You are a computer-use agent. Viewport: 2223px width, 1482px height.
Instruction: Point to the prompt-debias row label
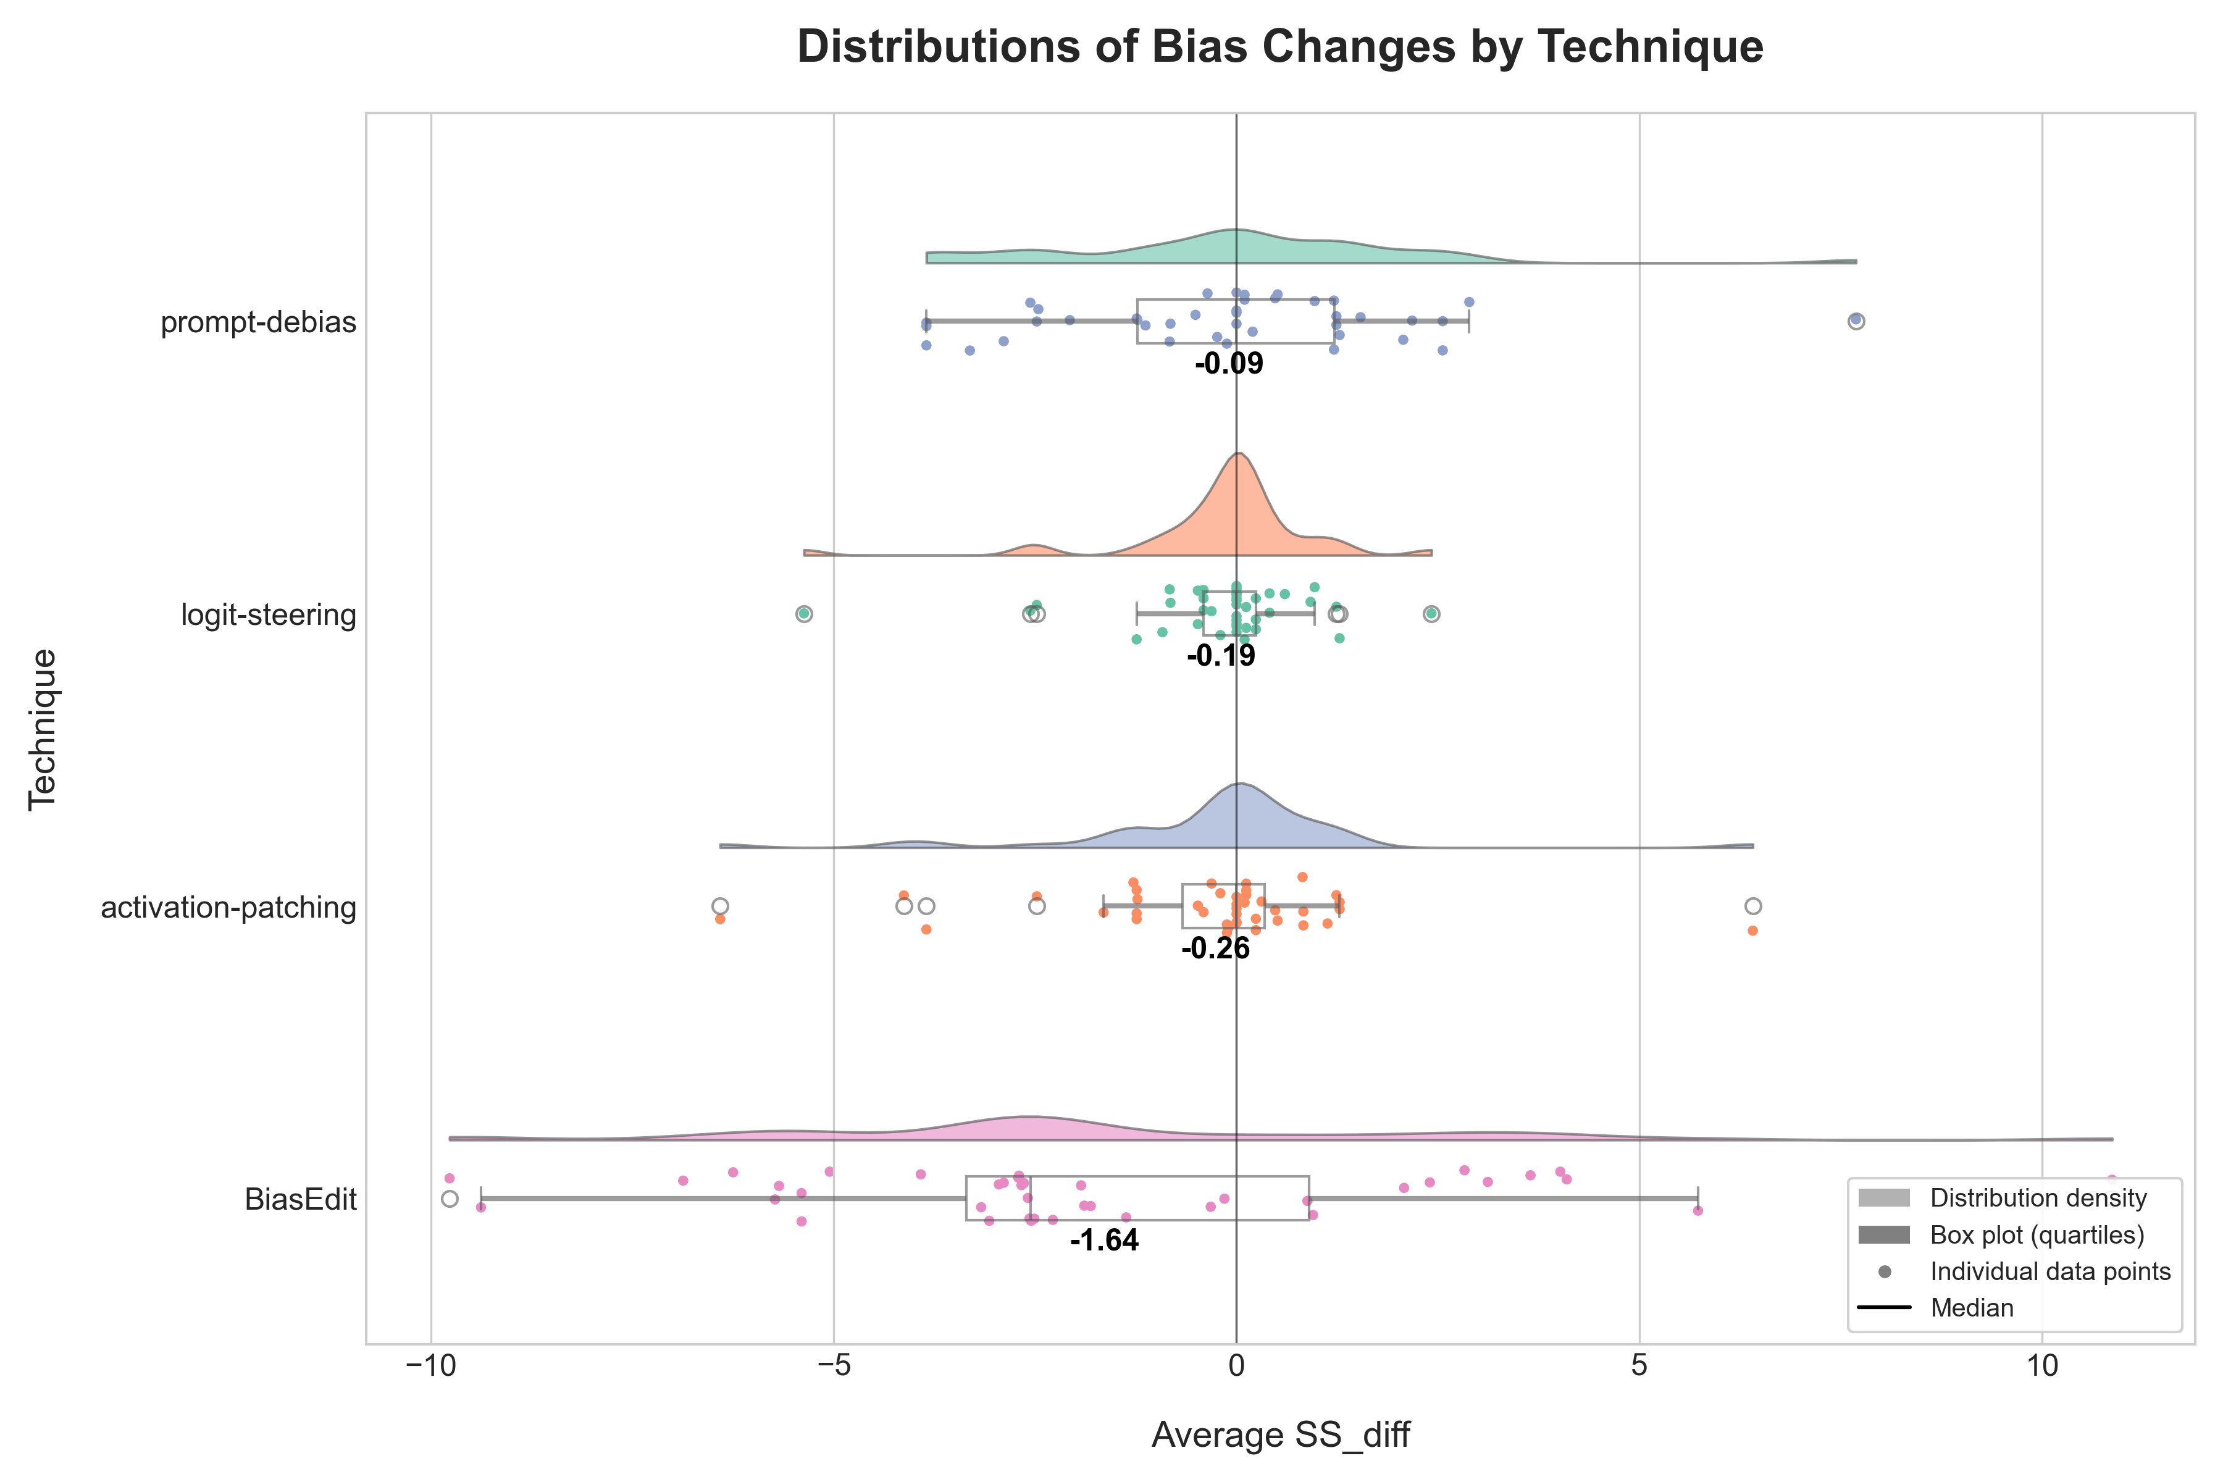258,322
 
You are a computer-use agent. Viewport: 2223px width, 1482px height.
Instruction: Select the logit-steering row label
269,614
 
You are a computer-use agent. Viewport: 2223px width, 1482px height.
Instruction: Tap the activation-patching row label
228,907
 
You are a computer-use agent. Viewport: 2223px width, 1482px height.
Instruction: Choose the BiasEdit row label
301,1199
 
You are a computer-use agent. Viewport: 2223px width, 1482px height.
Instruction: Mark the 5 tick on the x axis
1639,1367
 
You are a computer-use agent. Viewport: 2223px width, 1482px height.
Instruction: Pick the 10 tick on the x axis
2041,1367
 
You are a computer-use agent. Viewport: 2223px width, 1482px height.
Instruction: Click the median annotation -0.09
1229,364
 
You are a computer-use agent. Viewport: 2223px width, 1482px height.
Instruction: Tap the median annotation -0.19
1221,656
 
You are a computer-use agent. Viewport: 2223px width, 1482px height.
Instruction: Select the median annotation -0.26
1215,948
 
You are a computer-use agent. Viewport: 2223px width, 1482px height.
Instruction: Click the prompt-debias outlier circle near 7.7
1856,321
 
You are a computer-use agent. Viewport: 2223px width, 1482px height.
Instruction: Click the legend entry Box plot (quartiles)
2037,1234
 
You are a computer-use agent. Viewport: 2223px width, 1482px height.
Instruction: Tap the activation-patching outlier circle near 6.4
1753,906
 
